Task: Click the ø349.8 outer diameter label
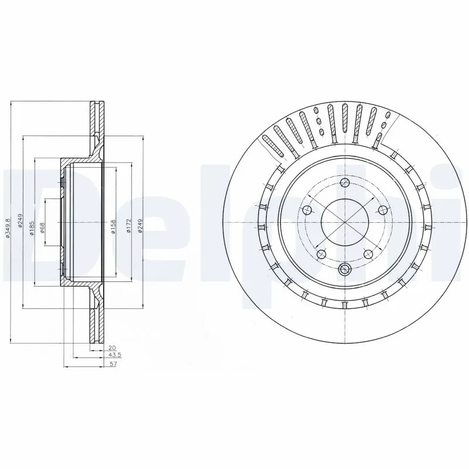click(x=8, y=227)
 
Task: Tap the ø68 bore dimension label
click(x=42, y=227)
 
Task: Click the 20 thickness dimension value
click(x=113, y=347)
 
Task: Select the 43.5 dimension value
click(x=113, y=356)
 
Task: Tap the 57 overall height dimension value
click(x=113, y=365)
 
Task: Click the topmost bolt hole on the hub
click(x=345, y=183)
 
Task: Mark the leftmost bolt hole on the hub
click(x=307, y=210)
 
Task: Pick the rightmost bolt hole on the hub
click(x=382, y=210)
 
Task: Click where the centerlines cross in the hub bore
click(x=345, y=224)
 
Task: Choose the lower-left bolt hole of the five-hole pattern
click(x=321, y=254)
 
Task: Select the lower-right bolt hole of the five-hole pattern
click(x=368, y=254)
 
